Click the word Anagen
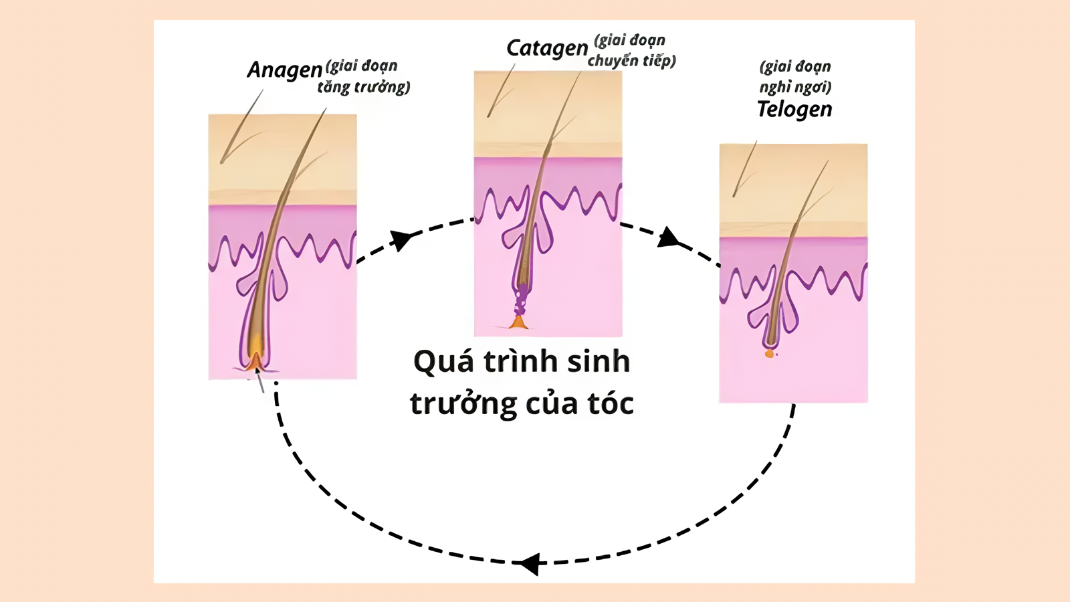pyautogui.click(x=284, y=70)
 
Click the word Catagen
pyautogui.click(x=546, y=49)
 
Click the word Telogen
pyautogui.click(x=794, y=109)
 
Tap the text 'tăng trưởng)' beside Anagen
pyautogui.click(x=363, y=87)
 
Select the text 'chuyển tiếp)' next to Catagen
pyautogui.click(x=631, y=61)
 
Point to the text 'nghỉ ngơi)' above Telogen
pyautogui.click(x=795, y=87)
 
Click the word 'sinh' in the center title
pyautogui.click(x=599, y=362)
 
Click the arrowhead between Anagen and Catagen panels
pyautogui.click(x=401, y=239)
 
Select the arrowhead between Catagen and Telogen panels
pyautogui.click(x=668, y=237)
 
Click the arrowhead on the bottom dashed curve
pyautogui.click(x=530, y=563)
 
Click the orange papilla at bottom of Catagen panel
pyautogui.click(x=518, y=323)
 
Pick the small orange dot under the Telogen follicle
pyautogui.click(x=770, y=354)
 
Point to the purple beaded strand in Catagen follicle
pyautogui.click(x=520, y=299)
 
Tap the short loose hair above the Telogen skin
pyautogui.click(x=744, y=169)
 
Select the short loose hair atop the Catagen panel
pyautogui.click(x=501, y=92)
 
